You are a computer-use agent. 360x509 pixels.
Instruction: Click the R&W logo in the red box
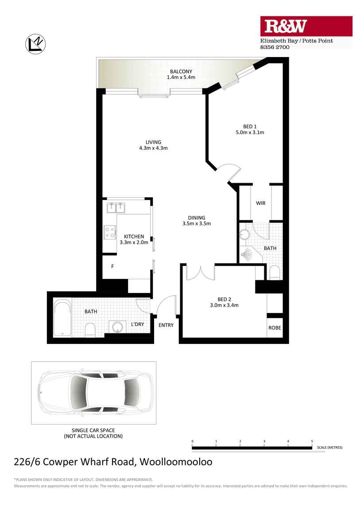coord(285,27)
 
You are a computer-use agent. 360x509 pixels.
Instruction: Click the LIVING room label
coord(153,142)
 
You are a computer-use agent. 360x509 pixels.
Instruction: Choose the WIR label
coord(260,203)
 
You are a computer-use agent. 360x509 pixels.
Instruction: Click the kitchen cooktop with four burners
coord(109,232)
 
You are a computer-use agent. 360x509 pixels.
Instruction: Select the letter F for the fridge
coord(112,266)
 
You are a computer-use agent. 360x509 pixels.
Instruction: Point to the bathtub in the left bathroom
coord(62,318)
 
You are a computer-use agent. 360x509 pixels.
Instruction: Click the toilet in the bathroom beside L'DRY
coord(90,329)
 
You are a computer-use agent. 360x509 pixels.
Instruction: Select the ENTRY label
coord(166,325)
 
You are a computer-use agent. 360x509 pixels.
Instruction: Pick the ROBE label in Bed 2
coord(275,328)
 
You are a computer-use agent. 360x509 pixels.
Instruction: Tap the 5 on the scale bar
coord(312,441)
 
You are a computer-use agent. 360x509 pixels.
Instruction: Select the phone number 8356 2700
coord(275,47)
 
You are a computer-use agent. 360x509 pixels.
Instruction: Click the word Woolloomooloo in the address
coord(176,462)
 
